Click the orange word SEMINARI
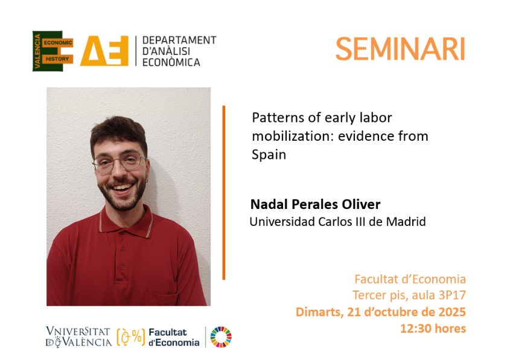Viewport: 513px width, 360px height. point(400,49)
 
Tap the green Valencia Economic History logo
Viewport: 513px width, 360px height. point(53,51)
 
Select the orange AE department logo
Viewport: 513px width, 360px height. point(104,51)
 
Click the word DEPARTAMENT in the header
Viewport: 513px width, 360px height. point(179,40)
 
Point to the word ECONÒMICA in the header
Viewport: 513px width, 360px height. point(171,62)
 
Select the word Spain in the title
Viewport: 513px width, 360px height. point(269,155)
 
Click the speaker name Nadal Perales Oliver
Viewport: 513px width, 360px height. point(316,204)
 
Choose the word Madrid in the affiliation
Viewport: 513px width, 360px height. point(406,222)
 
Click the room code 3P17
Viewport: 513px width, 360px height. point(452,295)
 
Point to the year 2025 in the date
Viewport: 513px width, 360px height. point(452,312)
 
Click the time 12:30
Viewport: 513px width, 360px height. point(415,328)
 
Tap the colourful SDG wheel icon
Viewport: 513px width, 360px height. point(221,337)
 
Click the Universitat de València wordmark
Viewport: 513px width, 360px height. point(78,337)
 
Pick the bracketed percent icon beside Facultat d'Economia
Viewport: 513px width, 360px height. point(131,337)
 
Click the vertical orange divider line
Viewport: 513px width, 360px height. point(224,193)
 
